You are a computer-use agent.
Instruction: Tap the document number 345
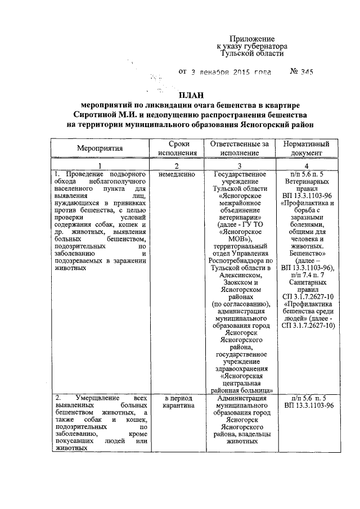pos(305,72)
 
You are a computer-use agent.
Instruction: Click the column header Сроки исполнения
pos(177,148)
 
